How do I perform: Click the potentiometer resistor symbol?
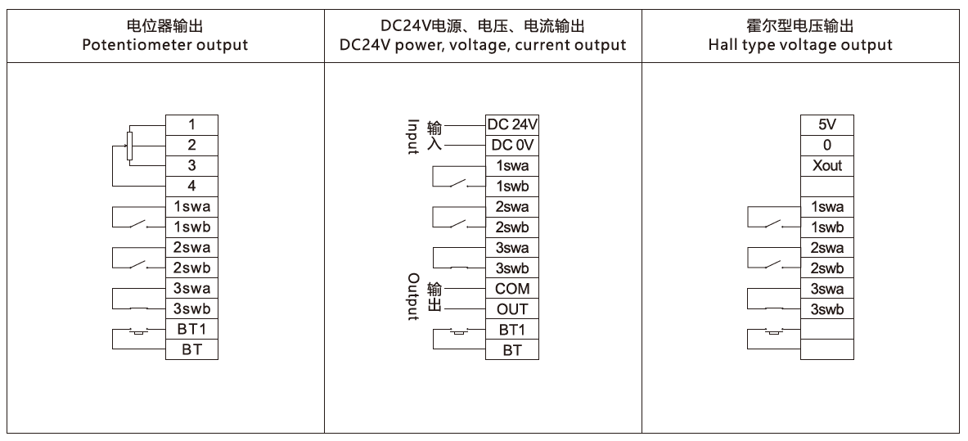129,146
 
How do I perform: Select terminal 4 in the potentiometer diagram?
192,186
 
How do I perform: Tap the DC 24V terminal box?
512,124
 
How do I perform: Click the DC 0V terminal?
512,145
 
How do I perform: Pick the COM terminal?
512,289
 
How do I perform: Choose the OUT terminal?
512,308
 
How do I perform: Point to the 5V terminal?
827,124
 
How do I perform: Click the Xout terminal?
827,165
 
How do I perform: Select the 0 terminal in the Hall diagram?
827,145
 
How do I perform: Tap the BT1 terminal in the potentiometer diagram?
192,329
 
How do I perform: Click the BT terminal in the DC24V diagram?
512,349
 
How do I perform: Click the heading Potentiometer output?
164,45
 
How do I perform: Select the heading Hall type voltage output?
800,45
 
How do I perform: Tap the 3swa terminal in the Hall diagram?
827,289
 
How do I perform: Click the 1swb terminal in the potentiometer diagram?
192,227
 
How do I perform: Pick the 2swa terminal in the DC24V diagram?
512,206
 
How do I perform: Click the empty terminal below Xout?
827,186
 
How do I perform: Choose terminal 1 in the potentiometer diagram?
192,124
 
